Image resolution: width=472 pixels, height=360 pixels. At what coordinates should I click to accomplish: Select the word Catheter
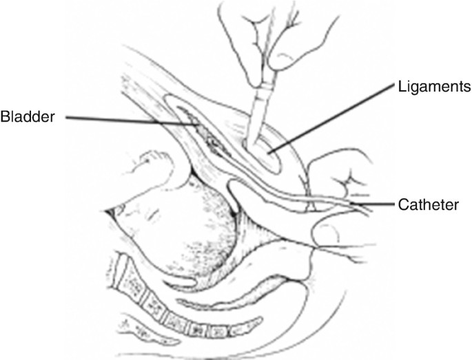point(427,204)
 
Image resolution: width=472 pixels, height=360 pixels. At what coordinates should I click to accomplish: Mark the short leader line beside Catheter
point(375,203)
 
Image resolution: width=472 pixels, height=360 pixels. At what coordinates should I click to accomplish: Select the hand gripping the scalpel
point(276,34)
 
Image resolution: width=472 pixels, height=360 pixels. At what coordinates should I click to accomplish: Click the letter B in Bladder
point(6,116)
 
